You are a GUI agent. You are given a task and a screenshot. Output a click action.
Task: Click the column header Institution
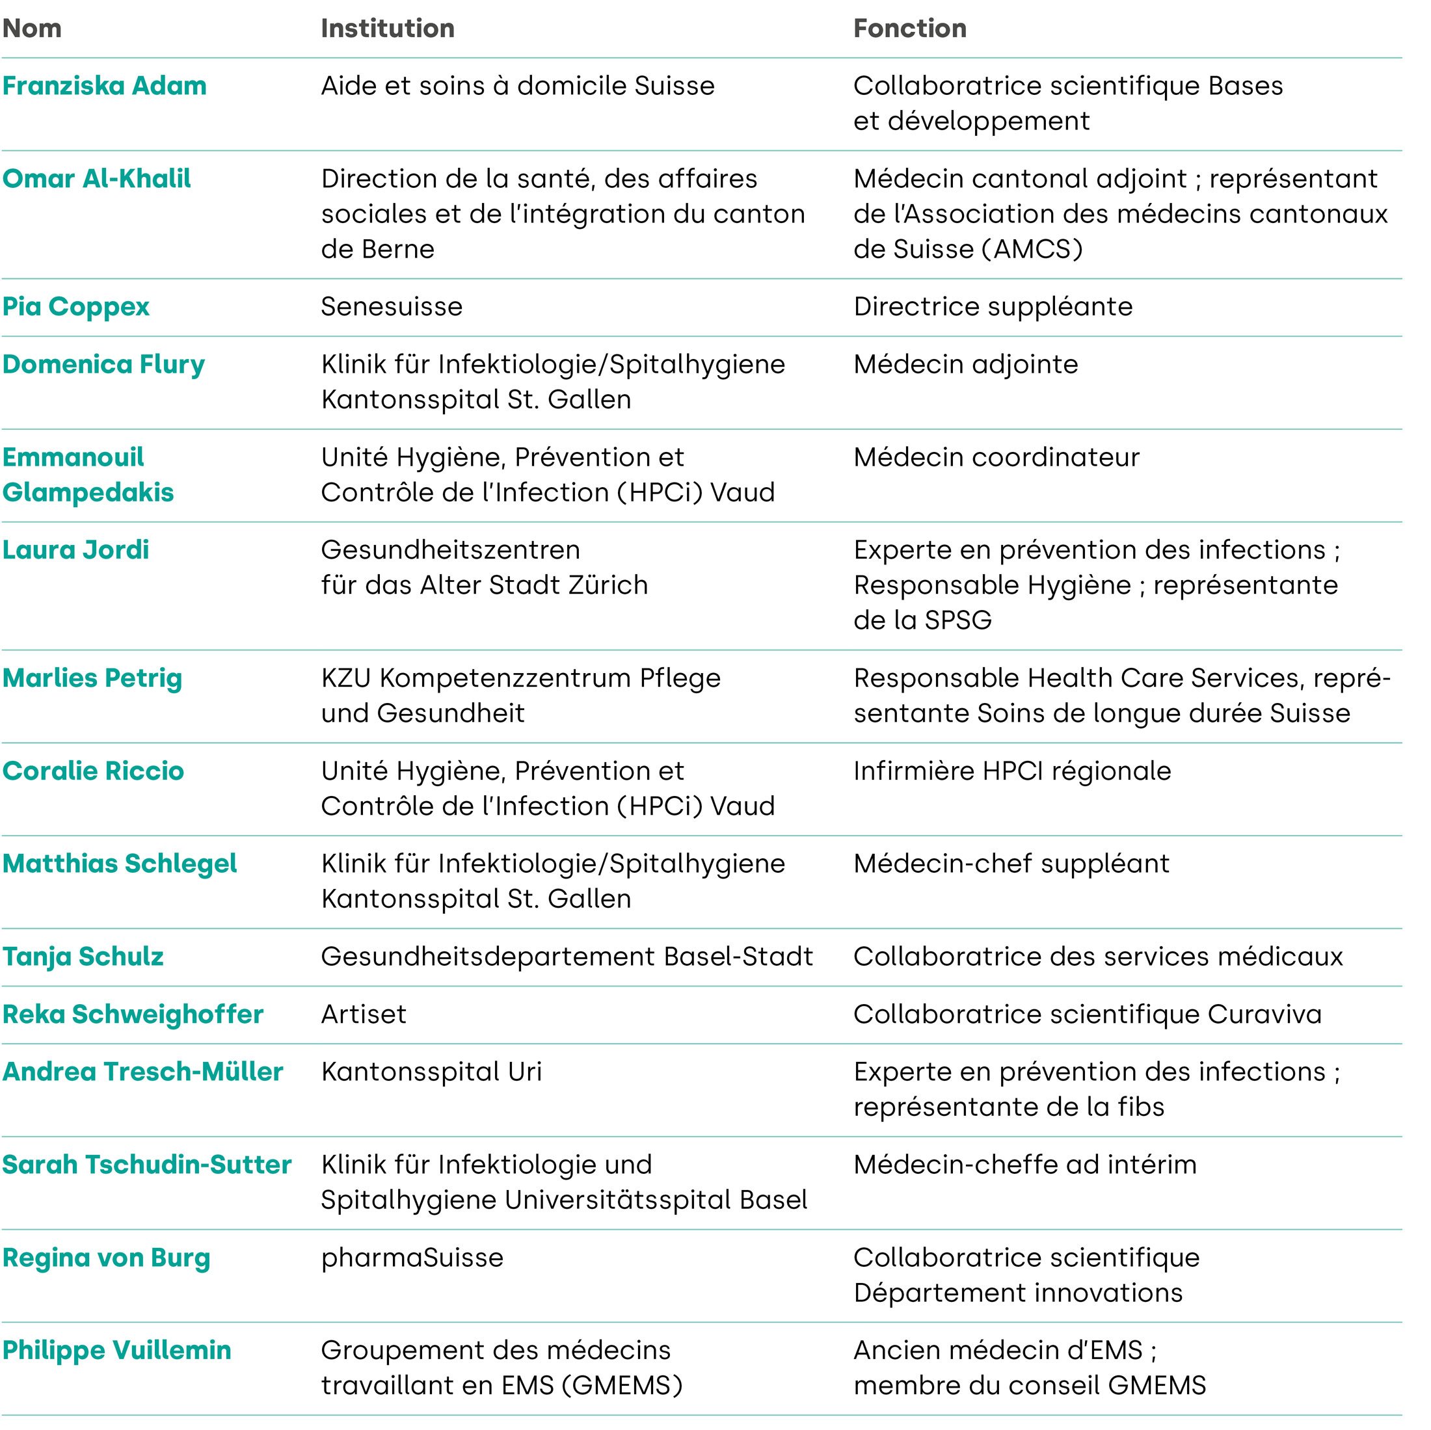tap(388, 28)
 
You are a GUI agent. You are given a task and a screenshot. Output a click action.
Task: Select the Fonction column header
tap(909, 28)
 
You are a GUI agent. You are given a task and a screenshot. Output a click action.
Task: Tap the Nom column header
tap(32, 28)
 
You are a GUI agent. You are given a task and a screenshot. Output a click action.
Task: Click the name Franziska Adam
tap(105, 86)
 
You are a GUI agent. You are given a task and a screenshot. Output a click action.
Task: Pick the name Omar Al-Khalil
tap(96, 178)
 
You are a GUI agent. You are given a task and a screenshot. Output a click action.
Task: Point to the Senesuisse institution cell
tap(391, 306)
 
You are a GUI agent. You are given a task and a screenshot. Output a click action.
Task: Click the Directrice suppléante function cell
tap(993, 306)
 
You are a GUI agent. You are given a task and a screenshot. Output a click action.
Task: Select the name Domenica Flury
tap(103, 364)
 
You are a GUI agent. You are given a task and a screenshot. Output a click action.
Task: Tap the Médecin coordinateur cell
tap(996, 457)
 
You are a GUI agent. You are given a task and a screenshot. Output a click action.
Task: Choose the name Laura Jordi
tap(75, 549)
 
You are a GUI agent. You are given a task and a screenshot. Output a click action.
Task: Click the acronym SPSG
tap(957, 620)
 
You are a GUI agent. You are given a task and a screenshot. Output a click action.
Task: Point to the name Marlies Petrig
tap(92, 678)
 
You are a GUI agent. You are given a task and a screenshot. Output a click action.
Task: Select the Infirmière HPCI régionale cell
tap(1011, 771)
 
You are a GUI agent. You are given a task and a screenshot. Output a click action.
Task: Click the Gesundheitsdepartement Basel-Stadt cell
tap(567, 956)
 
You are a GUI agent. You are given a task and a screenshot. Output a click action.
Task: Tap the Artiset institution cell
tap(364, 1014)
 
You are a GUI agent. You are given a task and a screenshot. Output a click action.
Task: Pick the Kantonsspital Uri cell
tap(431, 1072)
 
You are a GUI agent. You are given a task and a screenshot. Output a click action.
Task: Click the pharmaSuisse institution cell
tap(412, 1258)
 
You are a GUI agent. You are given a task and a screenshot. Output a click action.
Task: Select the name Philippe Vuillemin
tap(117, 1350)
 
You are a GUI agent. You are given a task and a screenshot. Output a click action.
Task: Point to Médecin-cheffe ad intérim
tap(1024, 1165)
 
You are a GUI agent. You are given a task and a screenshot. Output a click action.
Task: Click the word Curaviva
tap(1264, 1014)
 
